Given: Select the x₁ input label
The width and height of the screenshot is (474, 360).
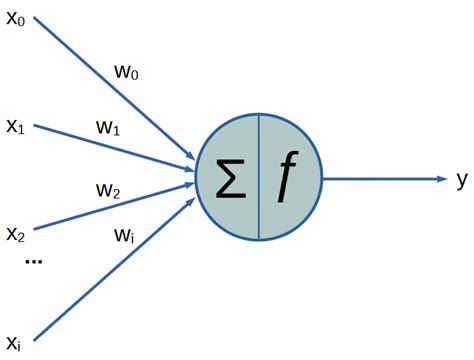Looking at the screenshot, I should click(x=17, y=127).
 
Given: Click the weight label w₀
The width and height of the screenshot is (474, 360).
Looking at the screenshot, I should click(x=129, y=74).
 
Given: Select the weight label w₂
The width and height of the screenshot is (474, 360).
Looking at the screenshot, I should click(x=109, y=189).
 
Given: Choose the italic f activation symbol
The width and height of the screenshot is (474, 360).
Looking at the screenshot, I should click(x=288, y=178).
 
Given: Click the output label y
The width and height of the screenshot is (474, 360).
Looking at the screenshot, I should click(x=461, y=179).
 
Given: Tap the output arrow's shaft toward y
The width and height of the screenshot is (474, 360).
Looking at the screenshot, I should click(x=380, y=179).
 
